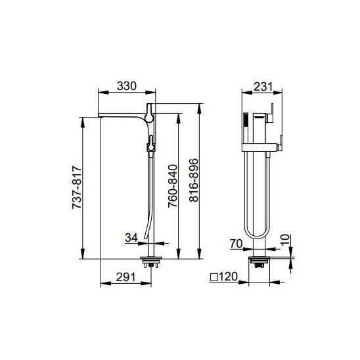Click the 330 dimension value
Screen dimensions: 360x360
127,86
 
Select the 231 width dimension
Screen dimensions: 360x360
263,87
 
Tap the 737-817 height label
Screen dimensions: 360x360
77,187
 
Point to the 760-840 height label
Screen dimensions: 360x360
173,186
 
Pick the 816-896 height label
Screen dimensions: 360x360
194,180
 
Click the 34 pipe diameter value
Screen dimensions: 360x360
131,238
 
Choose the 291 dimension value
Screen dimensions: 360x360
126,277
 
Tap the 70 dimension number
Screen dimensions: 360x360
236,244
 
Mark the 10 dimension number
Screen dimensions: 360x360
285,240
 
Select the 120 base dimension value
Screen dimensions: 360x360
227,277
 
